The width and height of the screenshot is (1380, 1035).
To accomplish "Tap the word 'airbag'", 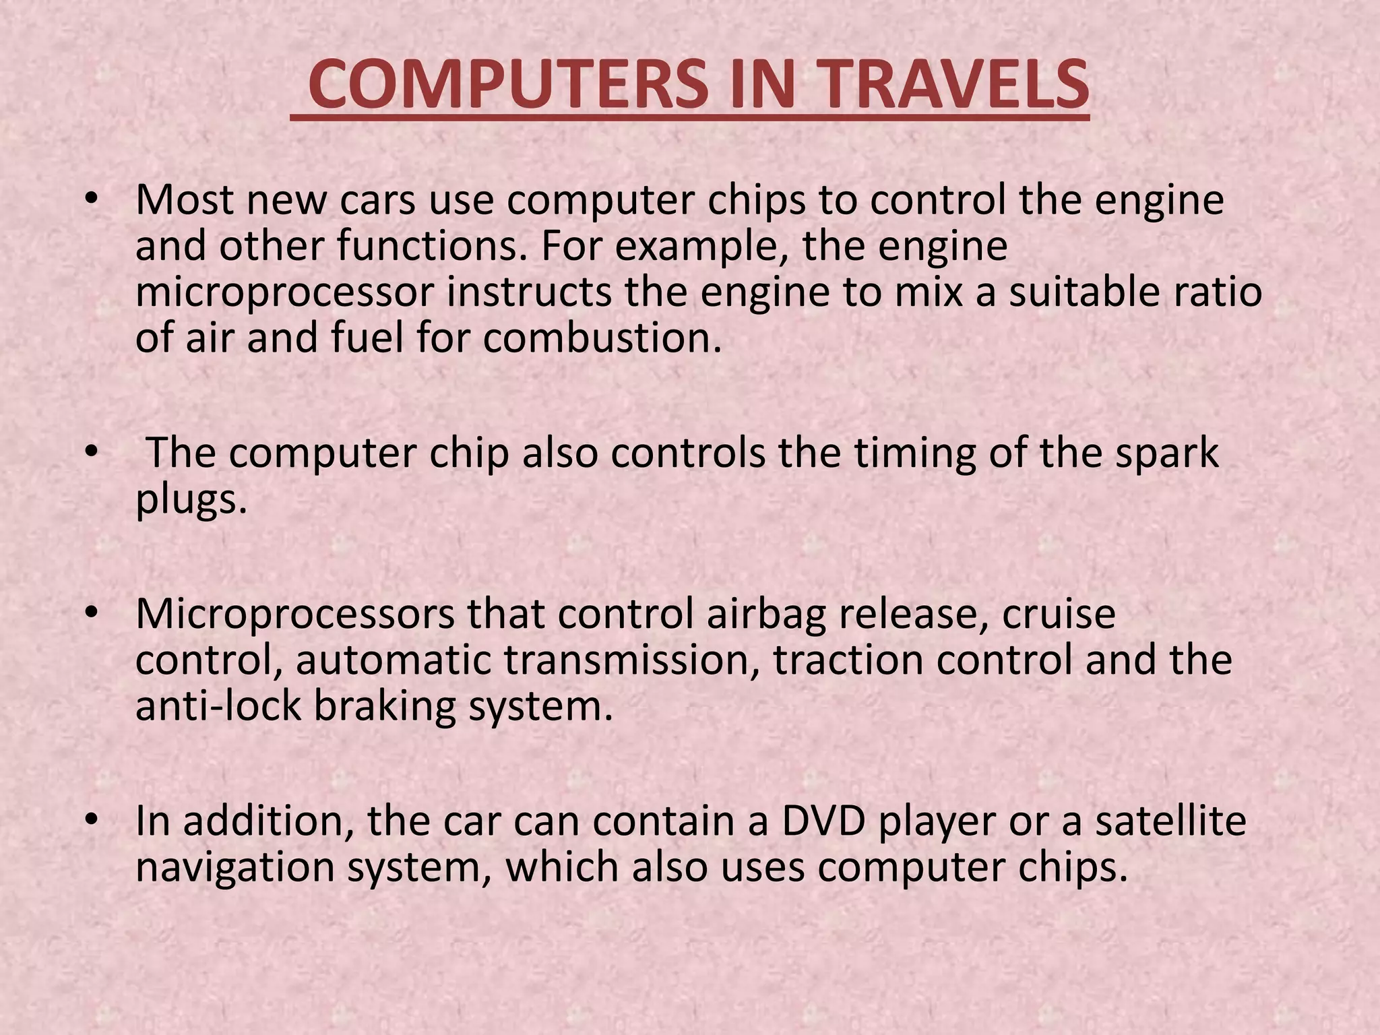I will (765, 615).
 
